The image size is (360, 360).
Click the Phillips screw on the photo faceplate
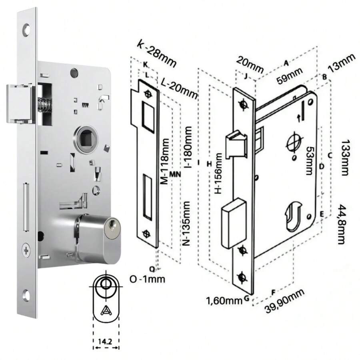[27, 251]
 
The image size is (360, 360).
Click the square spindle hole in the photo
[85, 138]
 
